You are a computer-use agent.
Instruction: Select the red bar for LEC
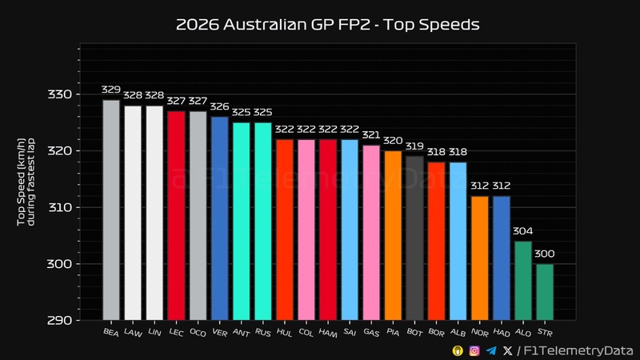[x=176, y=215]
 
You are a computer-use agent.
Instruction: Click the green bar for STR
[x=544, y=292]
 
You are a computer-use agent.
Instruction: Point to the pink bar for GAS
[x=371, y=232]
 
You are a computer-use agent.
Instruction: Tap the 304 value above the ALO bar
[x=522, y=232]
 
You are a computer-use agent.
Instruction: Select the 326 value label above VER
[x=219, y=107]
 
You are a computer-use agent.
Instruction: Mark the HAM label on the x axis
[x=327, y=331]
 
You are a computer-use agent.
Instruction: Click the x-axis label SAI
[x=349, y=331]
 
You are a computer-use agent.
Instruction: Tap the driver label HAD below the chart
[x=501, y=331]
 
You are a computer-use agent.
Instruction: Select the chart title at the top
[x=327, y=25]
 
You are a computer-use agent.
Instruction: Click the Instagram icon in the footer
[x=474, y=350]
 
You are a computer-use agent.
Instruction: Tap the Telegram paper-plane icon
[x=491, y=350]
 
